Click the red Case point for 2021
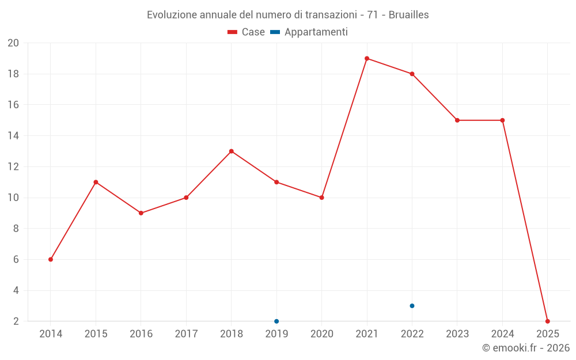click(x=367, y=58)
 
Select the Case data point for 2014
click(x=51, y=259)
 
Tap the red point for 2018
click(x=232, y=151)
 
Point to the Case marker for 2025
click(x=548, y=321)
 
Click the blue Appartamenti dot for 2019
click(x=276, y=321)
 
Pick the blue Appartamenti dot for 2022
click(x=412, y=306)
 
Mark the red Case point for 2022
click(x=412, y=74)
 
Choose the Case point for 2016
click(x=141, y=213)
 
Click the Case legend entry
click(x=247, y=32)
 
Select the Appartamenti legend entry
click(x=309, y=32)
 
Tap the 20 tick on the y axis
click(x=13, y=43)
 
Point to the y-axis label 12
click(x=13, y=167)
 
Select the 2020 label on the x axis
click(x=322, y=334)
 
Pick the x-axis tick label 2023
click(x=457, y=334)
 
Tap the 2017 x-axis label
click(x=186, y=334)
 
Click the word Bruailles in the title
click(x=408, y=15)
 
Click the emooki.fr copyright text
click(x=526, y=348)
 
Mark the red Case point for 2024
click(x=502, y=120)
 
